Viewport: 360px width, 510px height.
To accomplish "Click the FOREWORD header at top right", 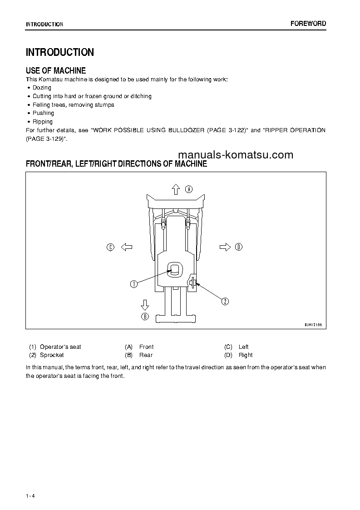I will tap(308, 24).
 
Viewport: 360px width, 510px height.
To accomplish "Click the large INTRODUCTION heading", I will tap(60, 52).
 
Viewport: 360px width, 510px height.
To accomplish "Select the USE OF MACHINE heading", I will tap(56, 70).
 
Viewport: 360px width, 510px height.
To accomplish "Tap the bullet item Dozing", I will tap(42, 88).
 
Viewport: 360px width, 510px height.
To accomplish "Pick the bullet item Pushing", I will tap(43, 113).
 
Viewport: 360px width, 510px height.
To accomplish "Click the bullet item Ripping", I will tap(43, 122).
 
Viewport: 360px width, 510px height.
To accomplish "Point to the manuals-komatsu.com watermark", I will tap(236, 155).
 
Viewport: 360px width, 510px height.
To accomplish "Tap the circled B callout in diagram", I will tap(145, 317).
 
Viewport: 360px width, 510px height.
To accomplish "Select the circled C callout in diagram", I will tap(110, 247).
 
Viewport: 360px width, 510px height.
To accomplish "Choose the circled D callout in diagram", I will tap(239, 247).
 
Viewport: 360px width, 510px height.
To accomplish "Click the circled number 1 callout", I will tap(133, 284).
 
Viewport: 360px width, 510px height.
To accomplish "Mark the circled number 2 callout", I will tap(225, 300).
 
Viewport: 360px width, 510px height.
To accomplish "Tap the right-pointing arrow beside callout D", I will tap(225, 247).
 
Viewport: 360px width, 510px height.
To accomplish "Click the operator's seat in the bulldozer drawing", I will tap(175, 270).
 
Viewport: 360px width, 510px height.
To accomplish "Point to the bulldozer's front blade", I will tap(176, 199).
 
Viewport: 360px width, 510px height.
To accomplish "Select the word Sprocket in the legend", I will tap(52, 355).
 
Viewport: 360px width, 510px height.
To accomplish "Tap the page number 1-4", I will tap(30, 495).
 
